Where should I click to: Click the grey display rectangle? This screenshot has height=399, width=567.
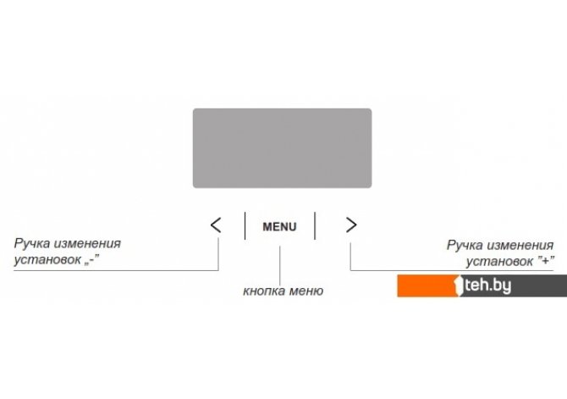[282, 148]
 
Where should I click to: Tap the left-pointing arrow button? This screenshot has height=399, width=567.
[216, 225]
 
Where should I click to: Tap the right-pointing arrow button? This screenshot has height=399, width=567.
[351, 224]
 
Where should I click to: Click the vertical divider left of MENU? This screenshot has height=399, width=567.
[245, 225]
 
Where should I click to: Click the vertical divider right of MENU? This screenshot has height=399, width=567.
[315, 225]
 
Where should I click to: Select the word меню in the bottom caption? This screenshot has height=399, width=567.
[306, 291]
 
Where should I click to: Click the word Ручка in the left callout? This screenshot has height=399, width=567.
[31, 244]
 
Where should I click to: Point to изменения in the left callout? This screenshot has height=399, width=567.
[87, 244]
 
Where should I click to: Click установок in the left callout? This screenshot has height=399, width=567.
[47, 260]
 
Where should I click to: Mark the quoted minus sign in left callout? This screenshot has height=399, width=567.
[92, 259]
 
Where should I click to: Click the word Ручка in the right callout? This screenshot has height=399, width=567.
[465, 246]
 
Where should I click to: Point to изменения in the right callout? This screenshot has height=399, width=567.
[520, 246]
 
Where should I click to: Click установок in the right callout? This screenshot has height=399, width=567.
[499, 262]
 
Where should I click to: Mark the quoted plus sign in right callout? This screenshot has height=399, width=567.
[546, 261]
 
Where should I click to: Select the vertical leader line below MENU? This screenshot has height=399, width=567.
[280, 265]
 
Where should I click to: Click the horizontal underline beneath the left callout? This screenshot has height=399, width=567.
[116, 270]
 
